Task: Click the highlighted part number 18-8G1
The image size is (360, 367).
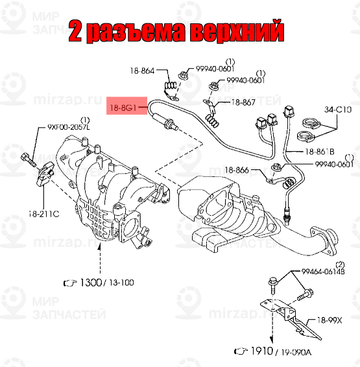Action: (x=123, y=107)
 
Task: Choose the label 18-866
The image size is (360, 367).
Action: (x=237, y=170)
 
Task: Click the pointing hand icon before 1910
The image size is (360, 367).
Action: (x=241, y=351)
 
